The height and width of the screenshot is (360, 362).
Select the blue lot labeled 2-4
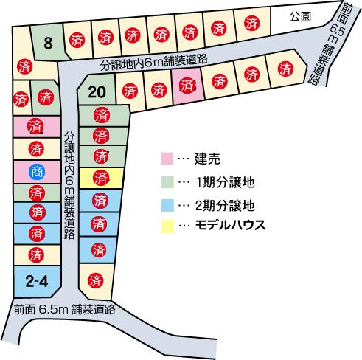coord(36,280)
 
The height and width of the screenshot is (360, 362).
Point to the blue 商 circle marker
coord(36,172)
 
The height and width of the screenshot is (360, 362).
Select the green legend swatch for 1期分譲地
coord(166,180)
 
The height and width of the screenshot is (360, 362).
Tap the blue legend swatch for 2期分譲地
coord(166,204)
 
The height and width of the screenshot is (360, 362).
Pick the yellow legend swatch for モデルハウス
coord(166,225)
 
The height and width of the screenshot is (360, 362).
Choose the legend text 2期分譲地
coord(225,204)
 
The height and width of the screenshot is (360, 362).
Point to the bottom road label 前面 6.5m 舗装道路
coord(65,310)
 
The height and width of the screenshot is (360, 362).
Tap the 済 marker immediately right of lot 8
coord(74,40)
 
